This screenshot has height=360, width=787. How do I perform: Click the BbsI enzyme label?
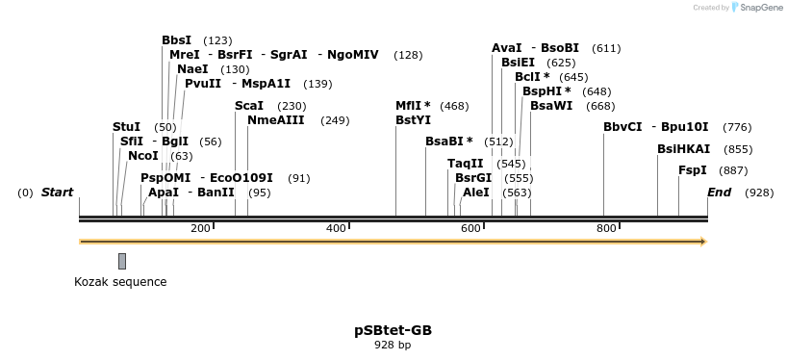[x=176, y=40]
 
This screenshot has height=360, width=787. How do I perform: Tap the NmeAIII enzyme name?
[x=276, y=120]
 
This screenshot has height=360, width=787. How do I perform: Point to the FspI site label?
[x=692, y=170]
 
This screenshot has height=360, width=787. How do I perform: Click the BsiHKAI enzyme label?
[x=683, y=149]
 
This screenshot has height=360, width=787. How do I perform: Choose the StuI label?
[x=126, y=127]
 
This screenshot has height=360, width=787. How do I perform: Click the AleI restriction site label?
[x=475, y=193]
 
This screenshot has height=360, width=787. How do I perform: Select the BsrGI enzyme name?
[x=473, y=178]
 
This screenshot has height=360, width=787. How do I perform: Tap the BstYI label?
[x=413, y=120]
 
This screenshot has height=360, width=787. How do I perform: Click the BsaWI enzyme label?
[x=551, y=106]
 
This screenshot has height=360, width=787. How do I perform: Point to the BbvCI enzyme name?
[x=622, y=127]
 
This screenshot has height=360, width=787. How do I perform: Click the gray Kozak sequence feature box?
[x=122, y=261]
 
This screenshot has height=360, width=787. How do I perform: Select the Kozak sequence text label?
[x=120, y=282]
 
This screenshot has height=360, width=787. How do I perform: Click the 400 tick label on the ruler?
[x=337, y=228]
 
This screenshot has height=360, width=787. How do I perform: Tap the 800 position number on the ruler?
[x=606, y=228]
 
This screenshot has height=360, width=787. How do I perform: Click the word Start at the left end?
[x=57, y=193]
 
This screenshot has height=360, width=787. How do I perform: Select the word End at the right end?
[x=719, y=193]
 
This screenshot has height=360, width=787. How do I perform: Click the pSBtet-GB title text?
[x=393, y=330]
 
